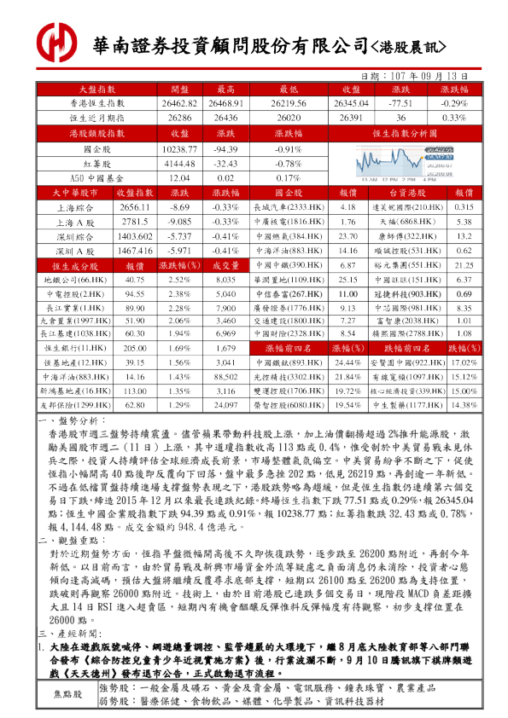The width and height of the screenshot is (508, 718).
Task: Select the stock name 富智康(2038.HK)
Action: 407,321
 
